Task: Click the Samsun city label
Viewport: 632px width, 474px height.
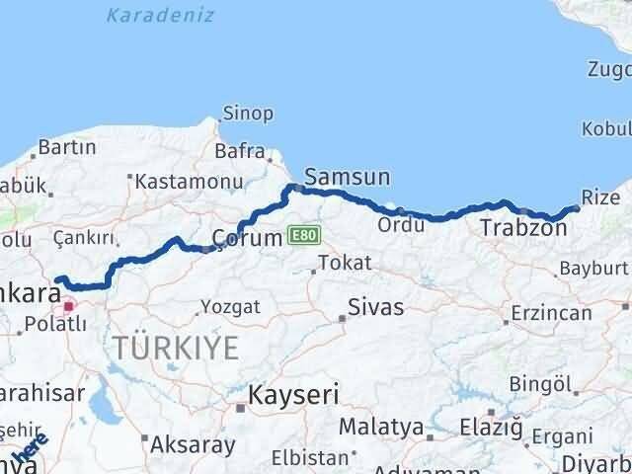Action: tap(347, 178)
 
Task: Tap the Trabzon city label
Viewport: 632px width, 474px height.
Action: tap(523, 229)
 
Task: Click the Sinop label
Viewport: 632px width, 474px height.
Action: tap(248, 114)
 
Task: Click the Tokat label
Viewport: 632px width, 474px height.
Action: tap(345, 263)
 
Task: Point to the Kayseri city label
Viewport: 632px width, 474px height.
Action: tap(293, 395)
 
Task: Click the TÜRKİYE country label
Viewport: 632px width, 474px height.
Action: tap(176, 348)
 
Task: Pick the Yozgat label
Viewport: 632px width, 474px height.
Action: tap(230, 306)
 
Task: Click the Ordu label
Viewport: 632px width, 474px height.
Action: tap(400, 225)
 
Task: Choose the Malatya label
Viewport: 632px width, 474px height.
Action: tap(381, 428)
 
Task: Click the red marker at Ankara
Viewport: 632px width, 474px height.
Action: tap(68, 306)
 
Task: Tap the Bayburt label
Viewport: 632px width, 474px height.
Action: tap(592, 268)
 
